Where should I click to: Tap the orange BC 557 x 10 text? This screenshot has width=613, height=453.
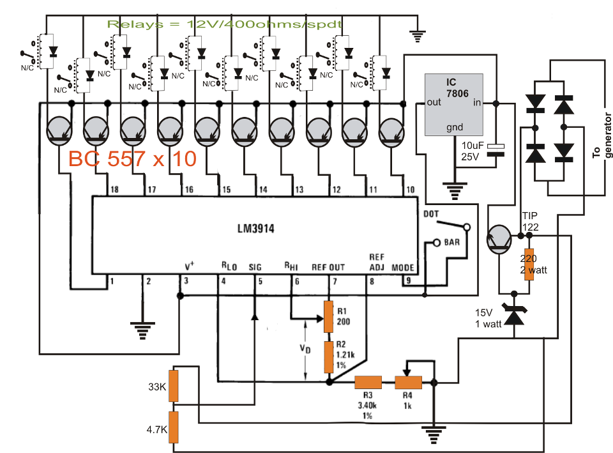tap(132, 160)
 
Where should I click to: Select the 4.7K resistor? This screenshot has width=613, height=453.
tap(173, 427)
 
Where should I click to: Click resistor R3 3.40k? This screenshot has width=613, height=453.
tap(368, 383)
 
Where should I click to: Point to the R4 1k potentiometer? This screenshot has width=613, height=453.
tap(408, 382)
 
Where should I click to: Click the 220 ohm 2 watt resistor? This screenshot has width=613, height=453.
tap(529, 263)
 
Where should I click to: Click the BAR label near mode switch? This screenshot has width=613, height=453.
tap(452, 243)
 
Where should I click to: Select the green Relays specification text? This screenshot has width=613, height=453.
tap(225, 24)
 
